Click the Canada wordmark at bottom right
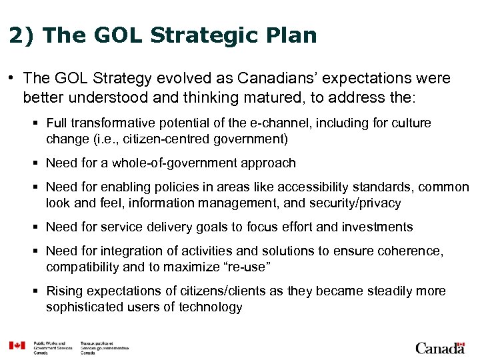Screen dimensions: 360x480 (440, 347)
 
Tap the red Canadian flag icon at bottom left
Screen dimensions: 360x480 (17, 345)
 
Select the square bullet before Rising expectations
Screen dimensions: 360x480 (38, 291)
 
